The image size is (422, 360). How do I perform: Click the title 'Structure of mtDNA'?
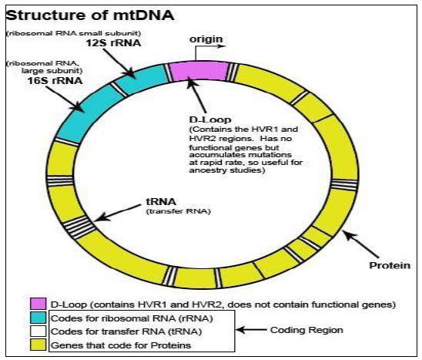tap(90, 15)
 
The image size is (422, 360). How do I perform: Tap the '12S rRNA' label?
tap(113, 43)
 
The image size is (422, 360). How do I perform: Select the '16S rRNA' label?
tap(55, 81)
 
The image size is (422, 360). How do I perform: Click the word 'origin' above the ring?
tap(206, 39)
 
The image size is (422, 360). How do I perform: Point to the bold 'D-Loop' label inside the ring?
tap(210, 119)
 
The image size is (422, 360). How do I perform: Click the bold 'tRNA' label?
tap(161, 201)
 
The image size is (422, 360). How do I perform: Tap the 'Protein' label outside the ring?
tap(390, 265)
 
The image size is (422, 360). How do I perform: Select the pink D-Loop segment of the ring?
tap(199, 71)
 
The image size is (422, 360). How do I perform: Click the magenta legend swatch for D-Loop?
tap(38, 304)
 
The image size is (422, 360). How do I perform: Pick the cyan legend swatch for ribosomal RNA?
tap(38, 318)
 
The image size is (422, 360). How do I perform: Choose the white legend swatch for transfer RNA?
tap(38, 331)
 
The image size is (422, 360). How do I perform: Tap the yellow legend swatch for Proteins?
tap(38, 345)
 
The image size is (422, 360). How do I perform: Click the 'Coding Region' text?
tap(306, 330)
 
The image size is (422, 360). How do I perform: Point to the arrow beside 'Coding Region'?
tap(251, 330)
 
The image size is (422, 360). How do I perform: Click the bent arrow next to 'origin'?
tap(210, 51)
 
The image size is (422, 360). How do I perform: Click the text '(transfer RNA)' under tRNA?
tap(178, 211)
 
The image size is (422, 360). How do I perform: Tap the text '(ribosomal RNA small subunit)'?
tap(73, 33)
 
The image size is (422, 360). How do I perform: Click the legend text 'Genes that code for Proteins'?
tap(121, 345)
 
